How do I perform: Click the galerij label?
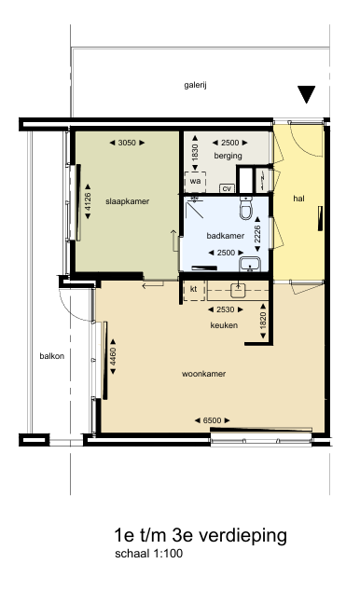point(195,85)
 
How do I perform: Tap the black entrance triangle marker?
point(306,94)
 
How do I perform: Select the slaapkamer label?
point(128,201)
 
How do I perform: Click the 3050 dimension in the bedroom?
point(127,143)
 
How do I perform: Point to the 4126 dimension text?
point(88,201)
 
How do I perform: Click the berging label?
point(228,156)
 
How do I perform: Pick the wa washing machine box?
point(195,182)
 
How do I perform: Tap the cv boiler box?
point(227,188)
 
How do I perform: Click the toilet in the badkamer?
point(246,208)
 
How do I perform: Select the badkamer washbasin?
point(250,264)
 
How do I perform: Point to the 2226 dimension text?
point(257,234)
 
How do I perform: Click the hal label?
point(299,199)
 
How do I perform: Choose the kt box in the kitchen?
point(194,290)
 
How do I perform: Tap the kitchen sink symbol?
point(238,289)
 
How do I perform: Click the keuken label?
point(224,325)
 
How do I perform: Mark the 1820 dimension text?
point(263,321)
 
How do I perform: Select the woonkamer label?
point(203,374)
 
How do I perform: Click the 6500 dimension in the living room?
point(213,420)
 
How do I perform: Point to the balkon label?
point(52,356)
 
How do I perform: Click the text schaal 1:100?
point(149,554)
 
